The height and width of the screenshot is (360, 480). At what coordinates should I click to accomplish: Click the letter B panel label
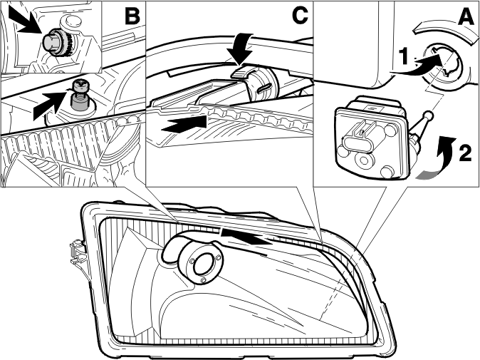[132, 15]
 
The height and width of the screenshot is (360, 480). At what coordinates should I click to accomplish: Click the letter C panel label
[300, 15]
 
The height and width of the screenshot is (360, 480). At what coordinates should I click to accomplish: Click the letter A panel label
[466, 15]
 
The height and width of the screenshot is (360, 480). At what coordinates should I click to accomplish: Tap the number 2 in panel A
[465, 153]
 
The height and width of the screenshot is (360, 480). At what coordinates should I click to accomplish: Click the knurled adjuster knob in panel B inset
[62, 43]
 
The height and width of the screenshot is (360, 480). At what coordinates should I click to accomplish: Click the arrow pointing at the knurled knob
[26, 19]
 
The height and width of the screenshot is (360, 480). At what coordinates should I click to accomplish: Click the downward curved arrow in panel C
[241, 48]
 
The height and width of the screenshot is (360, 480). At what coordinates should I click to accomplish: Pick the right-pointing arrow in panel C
[184, 124]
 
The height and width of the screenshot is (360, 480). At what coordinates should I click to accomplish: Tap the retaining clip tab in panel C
[244, 74]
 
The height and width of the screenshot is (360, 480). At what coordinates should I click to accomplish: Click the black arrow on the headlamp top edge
[246, 236]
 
